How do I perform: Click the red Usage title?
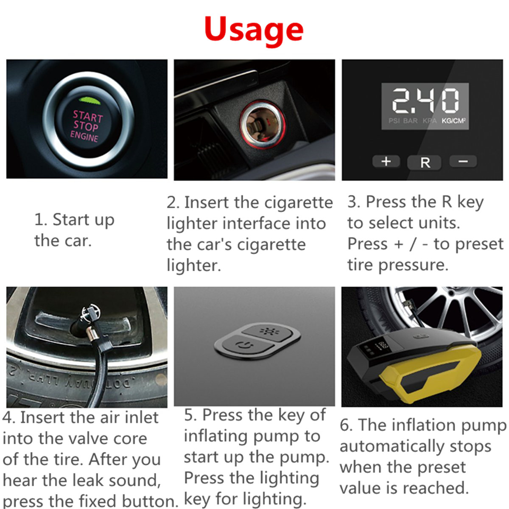click(254, 30)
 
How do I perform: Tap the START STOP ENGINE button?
click(86, 125)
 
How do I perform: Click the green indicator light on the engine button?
click(90, 101)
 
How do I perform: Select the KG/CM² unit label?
click(453, 121)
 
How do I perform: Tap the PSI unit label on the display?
click(394, 121)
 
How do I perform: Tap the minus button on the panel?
click(463, 162)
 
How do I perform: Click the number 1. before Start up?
click(41, 220)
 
